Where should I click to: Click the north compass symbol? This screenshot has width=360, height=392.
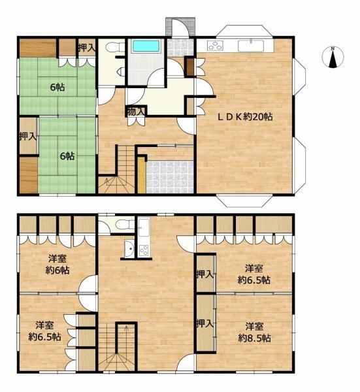tap(333, 57)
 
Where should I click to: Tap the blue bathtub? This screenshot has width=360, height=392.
tap(146, 46)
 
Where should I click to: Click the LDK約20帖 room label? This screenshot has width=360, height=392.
tap(245, 117)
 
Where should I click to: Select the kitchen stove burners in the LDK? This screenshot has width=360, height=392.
tap(215, 46)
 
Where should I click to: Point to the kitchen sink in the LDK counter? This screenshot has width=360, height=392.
tap(251, 46)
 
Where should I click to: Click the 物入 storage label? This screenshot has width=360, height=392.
tap(136, 112)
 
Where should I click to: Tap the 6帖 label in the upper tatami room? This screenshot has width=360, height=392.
tap(57, 88)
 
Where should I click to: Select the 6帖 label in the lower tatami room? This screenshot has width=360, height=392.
tap(67, 156)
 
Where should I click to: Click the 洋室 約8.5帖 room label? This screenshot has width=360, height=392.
tap(254, 333)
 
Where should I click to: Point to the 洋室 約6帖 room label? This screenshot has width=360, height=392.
tap(57, 264)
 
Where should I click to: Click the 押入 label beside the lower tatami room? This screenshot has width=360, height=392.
tap(28, 137)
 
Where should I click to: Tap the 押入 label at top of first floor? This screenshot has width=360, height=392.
tap(87, 48)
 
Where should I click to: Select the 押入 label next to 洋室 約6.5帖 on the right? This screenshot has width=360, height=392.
tap(205, 274)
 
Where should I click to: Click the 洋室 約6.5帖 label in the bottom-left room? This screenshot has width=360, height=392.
tap(44, 331)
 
